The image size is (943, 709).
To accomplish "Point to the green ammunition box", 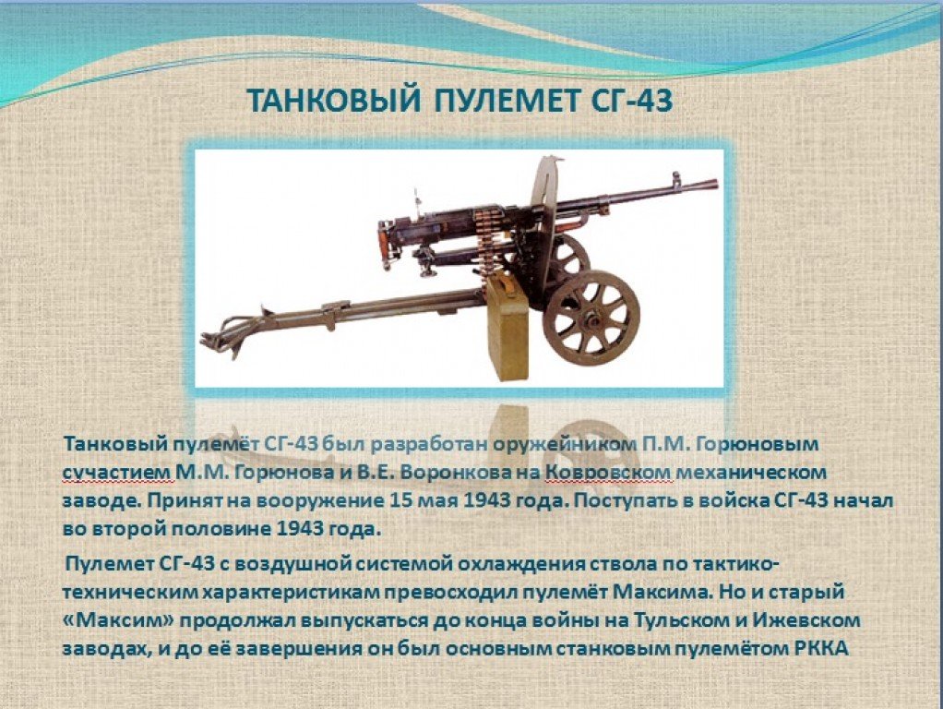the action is [x=507, y=328].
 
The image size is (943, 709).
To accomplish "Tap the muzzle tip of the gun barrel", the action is [x=716, y=183].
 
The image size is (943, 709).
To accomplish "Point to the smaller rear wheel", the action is [x=570, y=256].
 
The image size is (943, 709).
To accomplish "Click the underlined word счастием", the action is [x=117, y=473].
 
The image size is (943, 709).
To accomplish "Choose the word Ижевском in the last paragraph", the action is [x=806, y=620].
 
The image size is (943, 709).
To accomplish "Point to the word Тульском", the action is [x=676, y=620].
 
